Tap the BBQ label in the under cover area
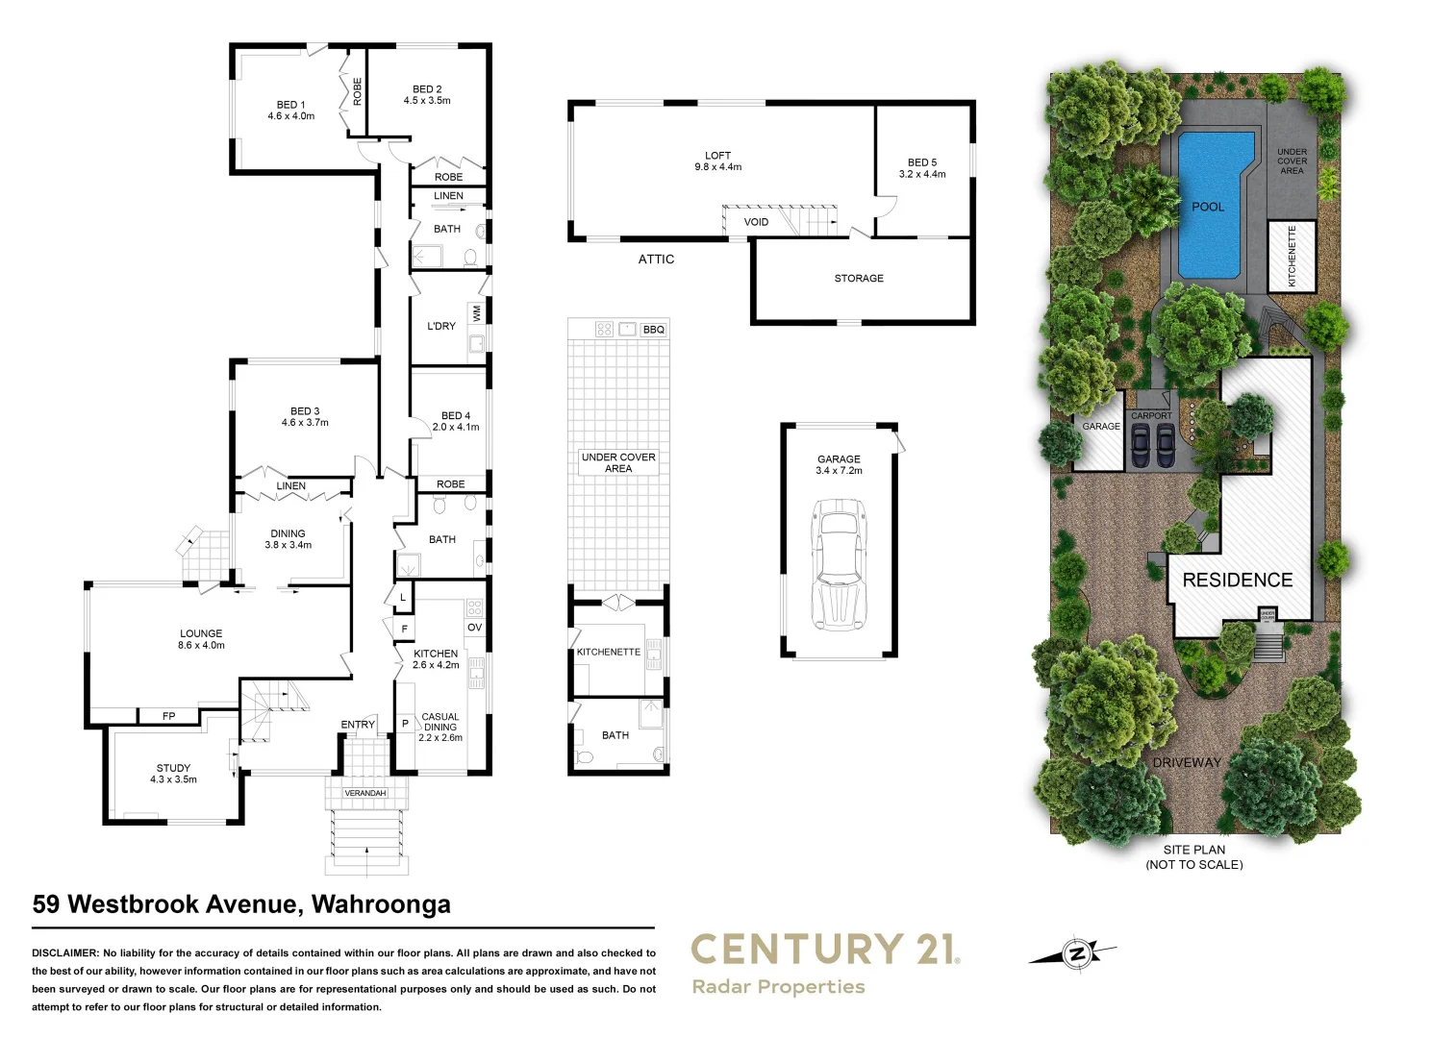(x=654, y=330)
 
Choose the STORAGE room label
(x=859, y=279)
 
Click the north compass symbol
(x=1076, y=953)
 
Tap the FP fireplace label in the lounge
(x=169, y=716)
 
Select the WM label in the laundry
(x=476, y=313)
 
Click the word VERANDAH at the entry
(x=365, y=793)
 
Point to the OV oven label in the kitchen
(x=474, y=628)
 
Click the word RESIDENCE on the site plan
(x=1238, y=581)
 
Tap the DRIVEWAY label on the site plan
(x=1187, y=762)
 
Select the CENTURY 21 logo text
(x=825, y=950)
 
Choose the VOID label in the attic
(x=756, y=222)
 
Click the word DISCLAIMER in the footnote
(x=65, y=953)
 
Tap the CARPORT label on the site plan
(x=1151, y=416)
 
